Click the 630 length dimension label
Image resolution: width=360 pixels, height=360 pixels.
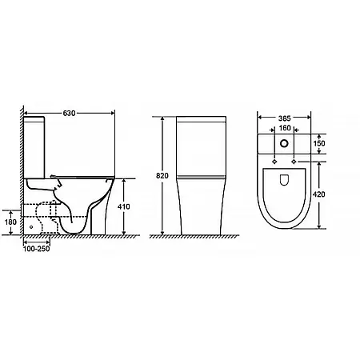[69, 113]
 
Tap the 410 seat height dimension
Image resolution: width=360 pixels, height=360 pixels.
[124, 206]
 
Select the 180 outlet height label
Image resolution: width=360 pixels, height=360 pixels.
[10, 222]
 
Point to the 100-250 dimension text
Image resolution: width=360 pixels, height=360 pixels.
[37, 249]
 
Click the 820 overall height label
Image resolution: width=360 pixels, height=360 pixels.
[162, 176]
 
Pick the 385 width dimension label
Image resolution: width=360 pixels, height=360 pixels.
[285, 118]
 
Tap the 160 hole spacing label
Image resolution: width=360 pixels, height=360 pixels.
[285, 128]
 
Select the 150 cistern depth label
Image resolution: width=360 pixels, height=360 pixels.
[319, 143]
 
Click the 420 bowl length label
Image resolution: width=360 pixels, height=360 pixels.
[319, 194]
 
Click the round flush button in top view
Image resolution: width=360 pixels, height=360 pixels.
[284, 143]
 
